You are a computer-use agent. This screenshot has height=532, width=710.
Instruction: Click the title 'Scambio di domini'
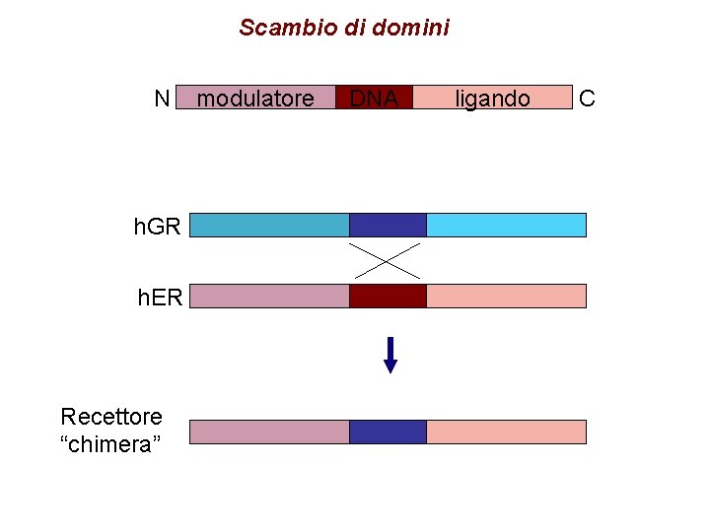(343, 28)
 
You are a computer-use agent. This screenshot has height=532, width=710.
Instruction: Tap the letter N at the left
(163, 98)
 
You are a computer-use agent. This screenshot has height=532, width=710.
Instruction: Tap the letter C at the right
(587, 98)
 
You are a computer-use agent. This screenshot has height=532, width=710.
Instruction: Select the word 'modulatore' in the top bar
(255, 99)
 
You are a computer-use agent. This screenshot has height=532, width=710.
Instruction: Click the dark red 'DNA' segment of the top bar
(374, 98)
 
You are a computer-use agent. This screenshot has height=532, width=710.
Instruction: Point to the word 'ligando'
(492, 99)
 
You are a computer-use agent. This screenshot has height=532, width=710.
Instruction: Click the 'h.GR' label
(158, 227)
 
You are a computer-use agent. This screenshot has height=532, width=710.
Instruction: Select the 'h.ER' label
(160, 297)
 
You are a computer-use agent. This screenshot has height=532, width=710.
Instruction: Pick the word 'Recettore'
(111, 417)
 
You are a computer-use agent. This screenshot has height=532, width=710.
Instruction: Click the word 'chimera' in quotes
(111, 444)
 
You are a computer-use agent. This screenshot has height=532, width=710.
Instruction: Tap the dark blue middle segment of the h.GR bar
(388, 225)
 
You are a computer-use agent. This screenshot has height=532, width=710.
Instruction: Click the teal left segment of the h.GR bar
(269, 225)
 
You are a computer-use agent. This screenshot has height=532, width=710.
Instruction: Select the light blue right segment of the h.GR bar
(506, 225)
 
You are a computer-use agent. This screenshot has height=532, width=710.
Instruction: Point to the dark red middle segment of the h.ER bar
(388, 296)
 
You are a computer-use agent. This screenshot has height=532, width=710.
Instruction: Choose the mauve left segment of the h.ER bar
(269, 296)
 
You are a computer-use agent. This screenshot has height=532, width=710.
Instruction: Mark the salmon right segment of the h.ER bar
(506, 296)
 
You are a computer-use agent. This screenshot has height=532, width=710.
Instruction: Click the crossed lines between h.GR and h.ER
(386, 260)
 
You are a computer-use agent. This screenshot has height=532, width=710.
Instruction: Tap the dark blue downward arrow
(390, 355)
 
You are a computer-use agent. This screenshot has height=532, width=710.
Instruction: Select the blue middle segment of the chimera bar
(388, 432)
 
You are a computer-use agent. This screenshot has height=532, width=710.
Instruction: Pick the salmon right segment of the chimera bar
(506, 432)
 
